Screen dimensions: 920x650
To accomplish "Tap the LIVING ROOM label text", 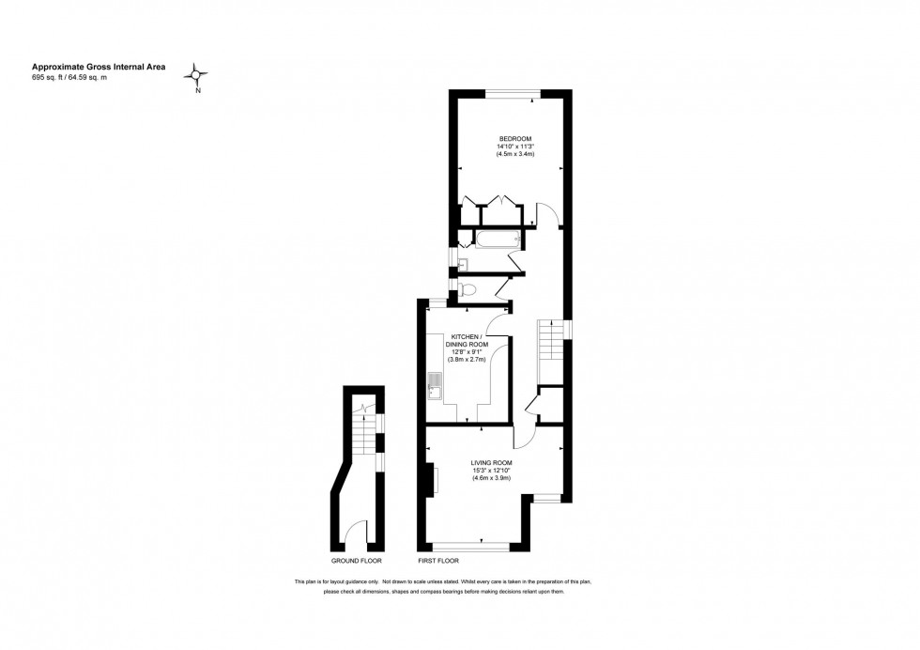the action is coord(491,463).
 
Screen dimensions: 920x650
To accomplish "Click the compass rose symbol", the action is coord(196,75).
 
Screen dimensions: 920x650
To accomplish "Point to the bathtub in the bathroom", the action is coord(498,239).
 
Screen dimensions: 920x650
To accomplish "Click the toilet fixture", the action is coord(468,288).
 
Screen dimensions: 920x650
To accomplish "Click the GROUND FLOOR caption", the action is coord(356,561).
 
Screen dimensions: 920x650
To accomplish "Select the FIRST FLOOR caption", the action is coord(438,561).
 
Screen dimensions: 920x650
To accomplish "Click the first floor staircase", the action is coord(550,340).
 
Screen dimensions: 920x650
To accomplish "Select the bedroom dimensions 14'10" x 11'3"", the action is coord(515,147).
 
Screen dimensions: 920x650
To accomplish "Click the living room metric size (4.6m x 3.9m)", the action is coord(492,478).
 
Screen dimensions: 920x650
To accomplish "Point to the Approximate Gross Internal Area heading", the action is coord(99,67).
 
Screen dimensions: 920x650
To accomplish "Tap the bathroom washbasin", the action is coord(462,264).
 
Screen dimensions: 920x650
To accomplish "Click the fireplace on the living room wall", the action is coord(430,478).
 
